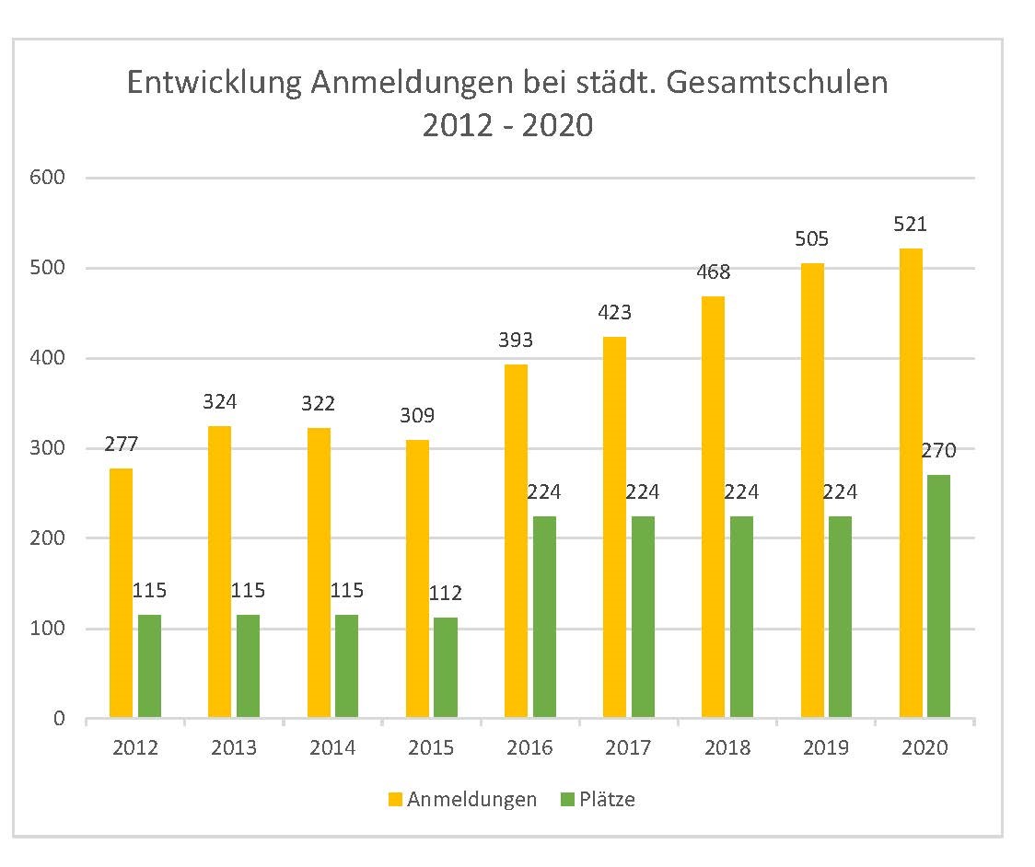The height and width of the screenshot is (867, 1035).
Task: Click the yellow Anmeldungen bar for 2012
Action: pyautogui.click(x=121, y=593)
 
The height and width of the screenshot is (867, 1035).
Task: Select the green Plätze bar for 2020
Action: pyautogui.click(x=938, y=596)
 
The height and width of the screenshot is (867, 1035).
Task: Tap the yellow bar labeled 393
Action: pyautogui.click(x=517, y=540)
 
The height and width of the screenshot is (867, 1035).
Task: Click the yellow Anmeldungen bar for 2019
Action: pyautogui.click(x=812, y=490)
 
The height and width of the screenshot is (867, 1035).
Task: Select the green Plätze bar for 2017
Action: pyautogui.click(x=643, y=617)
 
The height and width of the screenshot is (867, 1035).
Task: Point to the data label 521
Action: pyautogui.click(x=911, y=225)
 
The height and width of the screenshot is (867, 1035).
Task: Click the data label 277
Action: pyautogui.click(x=121, y=445)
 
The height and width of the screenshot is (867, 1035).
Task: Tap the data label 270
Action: pyautogui.click(x=938, y=451)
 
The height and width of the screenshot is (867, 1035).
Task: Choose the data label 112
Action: pyautogui.click(x=445, y=593)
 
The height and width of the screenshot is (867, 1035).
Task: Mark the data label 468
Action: pyautogui.click(x=714, y=272)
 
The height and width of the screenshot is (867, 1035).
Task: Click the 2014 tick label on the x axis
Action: pyautogui.click(x=332, y=747)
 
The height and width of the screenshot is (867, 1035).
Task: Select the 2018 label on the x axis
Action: pyautogui.click(x=727, y=747)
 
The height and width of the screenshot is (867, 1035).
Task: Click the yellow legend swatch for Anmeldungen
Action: pyautogui.click(x=395, y=800)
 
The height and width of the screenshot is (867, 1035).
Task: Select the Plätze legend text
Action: pyautogui.click(x=608, y=800)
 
